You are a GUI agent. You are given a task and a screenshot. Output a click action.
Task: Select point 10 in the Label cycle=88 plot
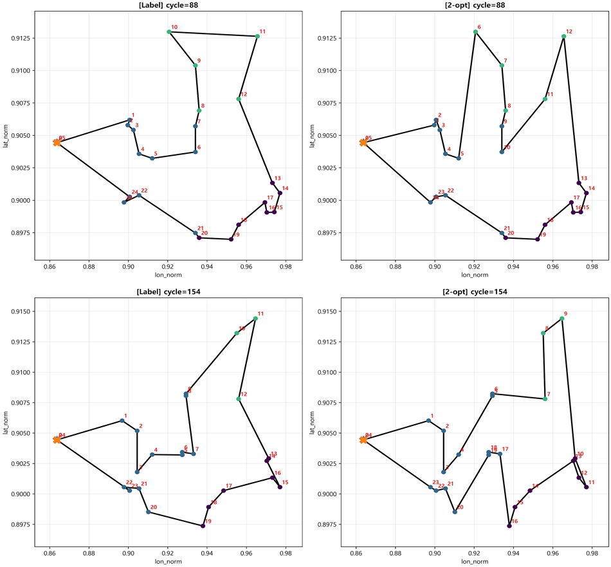(x=169, y=32)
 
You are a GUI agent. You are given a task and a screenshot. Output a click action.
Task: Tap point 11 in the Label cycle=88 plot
(x=257, y=36)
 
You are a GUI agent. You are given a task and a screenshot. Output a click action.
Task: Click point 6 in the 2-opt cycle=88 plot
(x=475, y=32)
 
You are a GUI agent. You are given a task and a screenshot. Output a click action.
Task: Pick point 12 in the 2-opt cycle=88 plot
(x=563, y=36)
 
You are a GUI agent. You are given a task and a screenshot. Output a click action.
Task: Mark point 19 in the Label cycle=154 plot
(x=203, y=526)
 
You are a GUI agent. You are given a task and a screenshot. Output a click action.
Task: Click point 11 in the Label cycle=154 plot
(x=255, y=319)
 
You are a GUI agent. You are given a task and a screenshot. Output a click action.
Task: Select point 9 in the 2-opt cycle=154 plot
(x=561, y=319)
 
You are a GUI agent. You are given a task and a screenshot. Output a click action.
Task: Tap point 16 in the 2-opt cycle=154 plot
(x=509, y=526)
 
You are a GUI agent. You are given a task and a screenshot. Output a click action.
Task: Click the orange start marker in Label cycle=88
(x=57, y=142)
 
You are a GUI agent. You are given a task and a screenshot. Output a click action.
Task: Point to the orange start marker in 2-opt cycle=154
(x=363, y=440)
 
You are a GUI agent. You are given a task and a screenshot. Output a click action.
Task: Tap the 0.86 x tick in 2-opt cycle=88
(x=356, y=265)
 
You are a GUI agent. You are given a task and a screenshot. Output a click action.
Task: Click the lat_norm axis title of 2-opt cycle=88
(x=312, y=136)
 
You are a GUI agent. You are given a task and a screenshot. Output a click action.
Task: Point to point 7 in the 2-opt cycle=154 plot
(x=545, y=399)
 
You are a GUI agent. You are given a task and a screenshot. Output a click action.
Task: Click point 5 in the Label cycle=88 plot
(x=152, y=158)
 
